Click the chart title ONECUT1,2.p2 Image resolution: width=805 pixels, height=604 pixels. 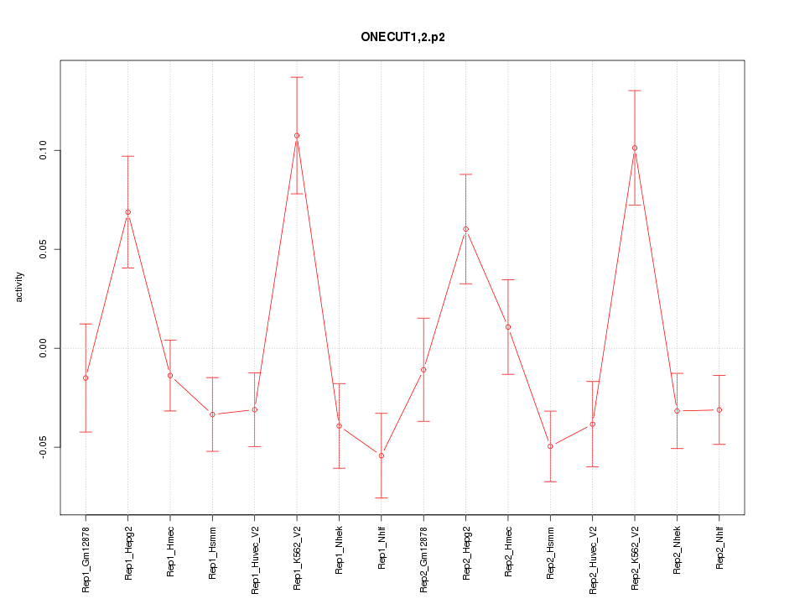pyautogui.click(x=402, y=38)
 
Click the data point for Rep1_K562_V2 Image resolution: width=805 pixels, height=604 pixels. pyautogui.click(x=297, y=135)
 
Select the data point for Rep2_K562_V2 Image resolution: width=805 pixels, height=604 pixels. pyautogui.click(x=635, y=148)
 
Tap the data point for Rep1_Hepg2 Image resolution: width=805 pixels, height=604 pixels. pyautogui.click(x=127, y=212)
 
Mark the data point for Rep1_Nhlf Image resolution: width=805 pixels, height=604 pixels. pyautogui.click(x=382, y=456)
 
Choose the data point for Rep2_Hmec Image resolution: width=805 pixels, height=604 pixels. pyautogui.click(x=508, y=327)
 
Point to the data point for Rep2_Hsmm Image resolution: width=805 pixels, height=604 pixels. pyautogui.click(x=550, y=446)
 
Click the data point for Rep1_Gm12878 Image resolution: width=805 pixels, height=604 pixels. pyautogui.click(x=86, y=377)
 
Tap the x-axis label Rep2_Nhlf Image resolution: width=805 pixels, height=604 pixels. pyautogui.click(x=719, y=549)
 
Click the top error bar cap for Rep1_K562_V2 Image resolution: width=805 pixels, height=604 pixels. pyautogui.click(x=297, y=77)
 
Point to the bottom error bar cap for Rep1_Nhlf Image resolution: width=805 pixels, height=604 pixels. pyautogui.click(x=382, y=497)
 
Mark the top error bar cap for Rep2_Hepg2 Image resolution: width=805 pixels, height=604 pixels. pyautogui.click(x=466, y=174)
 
